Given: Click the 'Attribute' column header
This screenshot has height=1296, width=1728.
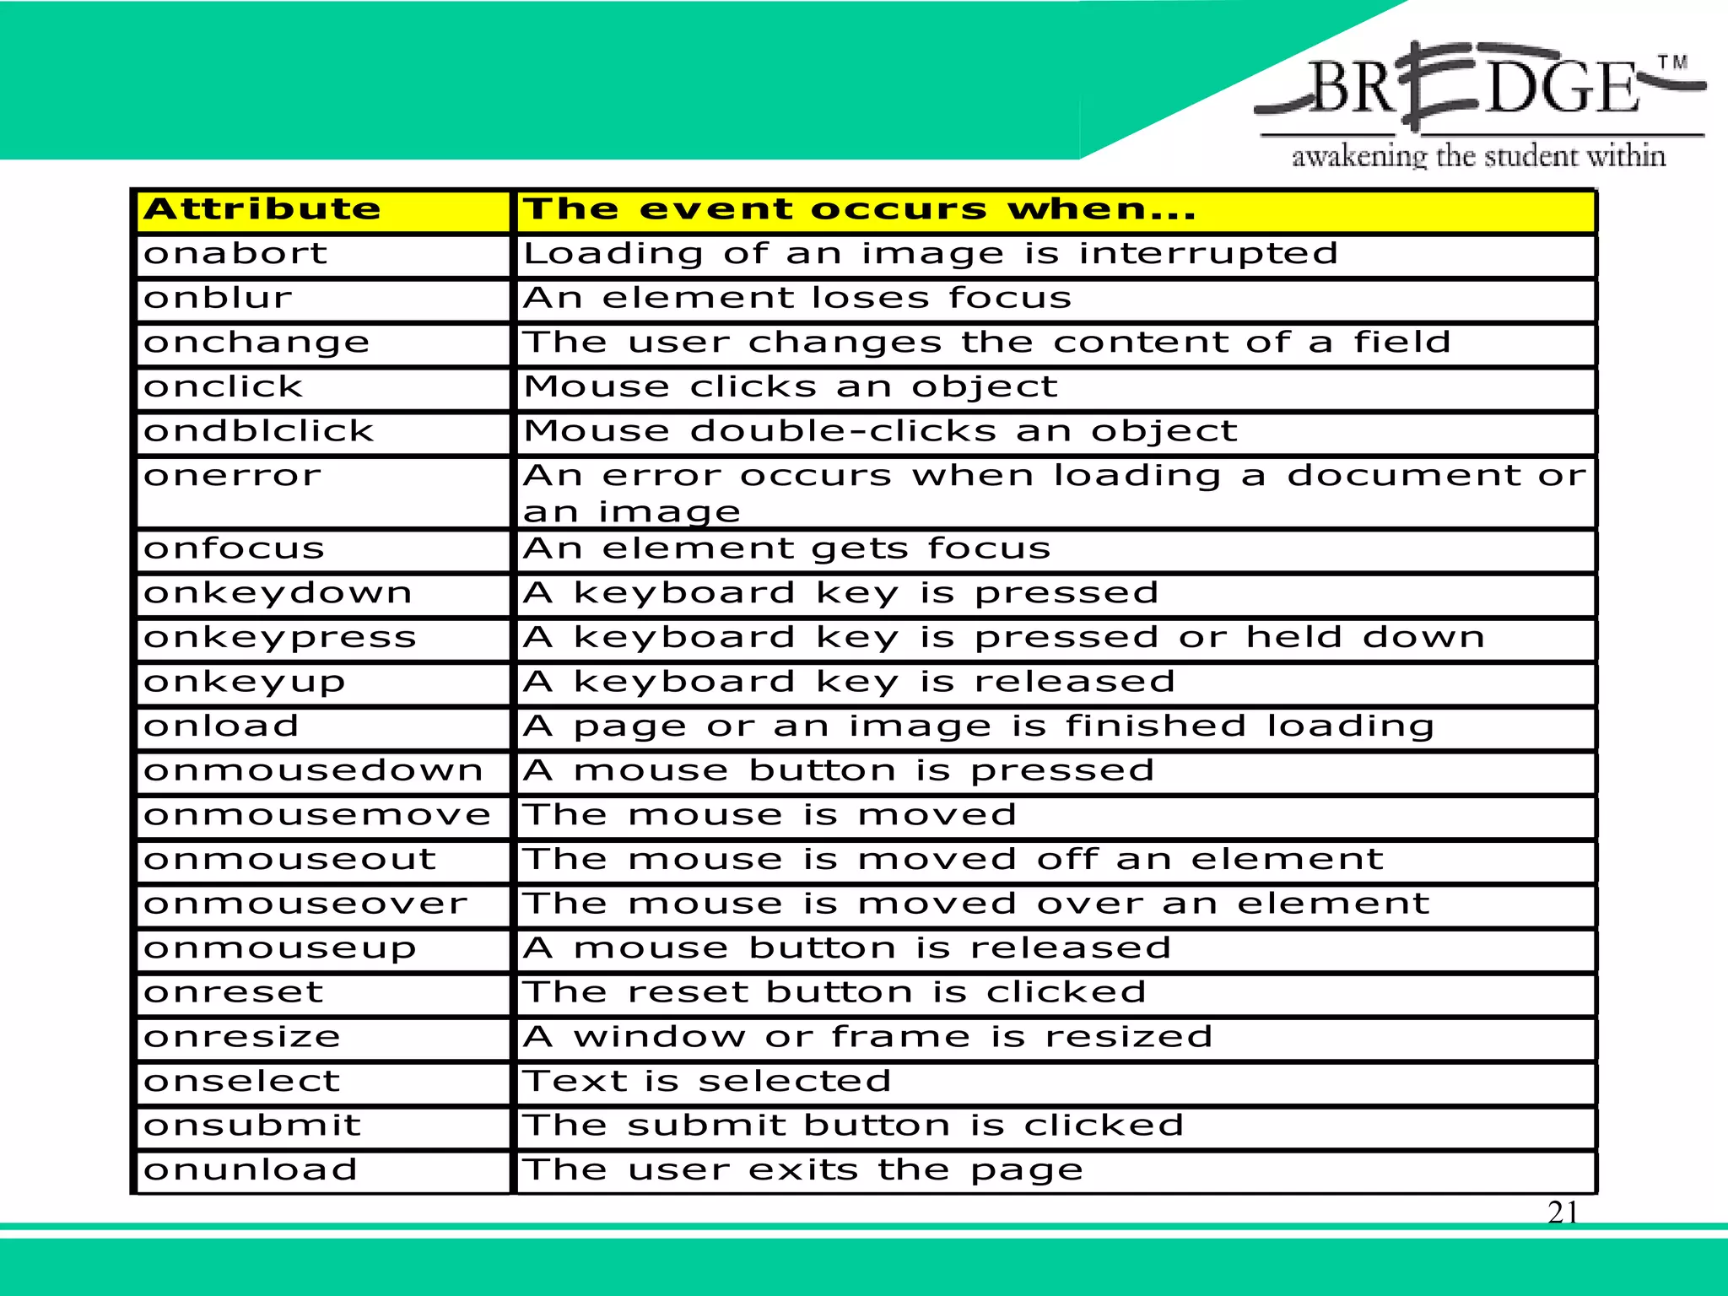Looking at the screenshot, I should [262, 209].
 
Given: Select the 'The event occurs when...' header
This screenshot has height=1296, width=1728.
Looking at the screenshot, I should [859, 209].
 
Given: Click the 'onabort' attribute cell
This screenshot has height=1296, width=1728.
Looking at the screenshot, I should [235, 254].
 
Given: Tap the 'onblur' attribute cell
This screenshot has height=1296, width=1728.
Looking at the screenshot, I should [218, 298].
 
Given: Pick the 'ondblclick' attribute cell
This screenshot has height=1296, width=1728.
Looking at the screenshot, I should [258, 431].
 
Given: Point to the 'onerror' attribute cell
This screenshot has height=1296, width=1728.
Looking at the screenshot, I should [233, 476].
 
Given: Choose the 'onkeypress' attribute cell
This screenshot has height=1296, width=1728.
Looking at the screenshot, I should [280, 638].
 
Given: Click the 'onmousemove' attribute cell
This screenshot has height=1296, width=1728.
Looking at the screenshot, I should [317, 815].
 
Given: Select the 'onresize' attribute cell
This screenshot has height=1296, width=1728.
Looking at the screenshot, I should [242, 1037].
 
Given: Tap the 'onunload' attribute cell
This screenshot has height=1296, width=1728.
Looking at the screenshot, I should [251, 1170].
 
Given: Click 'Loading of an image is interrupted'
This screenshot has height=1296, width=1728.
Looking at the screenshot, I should [930, 254].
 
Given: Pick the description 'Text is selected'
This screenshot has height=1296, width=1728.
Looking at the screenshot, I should [707, 1082].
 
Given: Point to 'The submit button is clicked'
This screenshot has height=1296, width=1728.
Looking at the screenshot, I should [853, 1126].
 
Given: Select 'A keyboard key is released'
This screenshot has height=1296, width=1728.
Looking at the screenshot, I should [849, 682].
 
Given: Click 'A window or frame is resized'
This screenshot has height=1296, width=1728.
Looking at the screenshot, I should [867, 1037].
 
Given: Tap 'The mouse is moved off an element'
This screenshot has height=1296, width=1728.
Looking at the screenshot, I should [953, 860].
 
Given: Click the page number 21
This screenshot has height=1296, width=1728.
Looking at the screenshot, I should [1563, 1212].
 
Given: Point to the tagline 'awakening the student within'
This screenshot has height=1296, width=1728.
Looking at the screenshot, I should [1478, 156].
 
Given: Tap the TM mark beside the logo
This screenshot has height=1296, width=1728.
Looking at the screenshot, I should [1672, 62].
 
